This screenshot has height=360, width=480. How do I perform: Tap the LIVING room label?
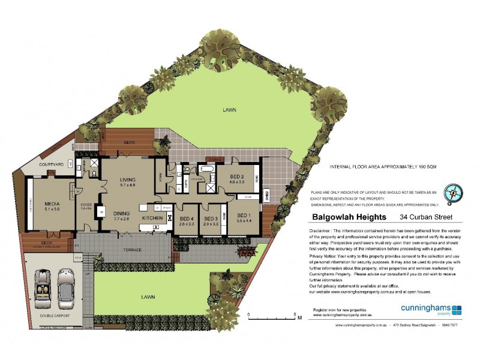[x=128, y=179]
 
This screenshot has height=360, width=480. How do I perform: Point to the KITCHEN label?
[x=152, y=218]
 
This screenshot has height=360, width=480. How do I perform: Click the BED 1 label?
[x=243, y=215]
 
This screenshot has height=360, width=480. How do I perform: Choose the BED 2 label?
[x=237, y=176]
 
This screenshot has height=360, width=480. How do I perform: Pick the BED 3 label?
[x=211, y=218]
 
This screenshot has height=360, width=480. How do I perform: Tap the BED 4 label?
[x=187, y=218]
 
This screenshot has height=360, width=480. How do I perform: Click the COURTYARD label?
[x=51, y=164]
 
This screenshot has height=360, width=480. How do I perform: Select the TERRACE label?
[x=132, y=250]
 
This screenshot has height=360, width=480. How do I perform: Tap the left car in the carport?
[x=43, y=285]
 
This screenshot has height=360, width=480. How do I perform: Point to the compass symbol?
[x=453, y=192]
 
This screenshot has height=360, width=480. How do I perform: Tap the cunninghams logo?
[x=430, y=309]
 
